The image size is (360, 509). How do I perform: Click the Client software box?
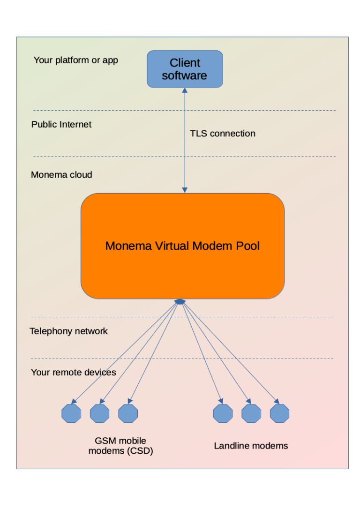point(185,69)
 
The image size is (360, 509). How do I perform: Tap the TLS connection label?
point(223,134)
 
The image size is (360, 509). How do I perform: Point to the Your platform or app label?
point(76,60)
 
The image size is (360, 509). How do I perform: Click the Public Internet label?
point(61,124)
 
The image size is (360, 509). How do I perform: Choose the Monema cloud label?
point(61,175)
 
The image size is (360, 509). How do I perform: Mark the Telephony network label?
point(68,331)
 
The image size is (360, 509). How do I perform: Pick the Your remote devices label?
point(74,373)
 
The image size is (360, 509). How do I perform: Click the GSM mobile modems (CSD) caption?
point(120,446)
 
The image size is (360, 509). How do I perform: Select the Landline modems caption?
point(251,446)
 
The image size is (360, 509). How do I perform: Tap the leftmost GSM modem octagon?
point(71,413)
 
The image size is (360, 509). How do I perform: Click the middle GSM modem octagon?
point(99,413)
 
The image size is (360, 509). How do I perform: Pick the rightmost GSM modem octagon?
point(128,413)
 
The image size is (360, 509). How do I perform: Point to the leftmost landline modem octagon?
point(223,413)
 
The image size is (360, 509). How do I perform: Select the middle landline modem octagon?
point(251,413)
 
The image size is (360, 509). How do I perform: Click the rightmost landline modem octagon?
point(279,413)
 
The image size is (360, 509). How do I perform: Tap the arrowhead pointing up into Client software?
point(185,91)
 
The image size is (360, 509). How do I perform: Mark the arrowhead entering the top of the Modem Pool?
point(185,190)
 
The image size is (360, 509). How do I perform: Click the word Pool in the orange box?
point(248,246)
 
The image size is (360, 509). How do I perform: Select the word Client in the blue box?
point(185,63)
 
